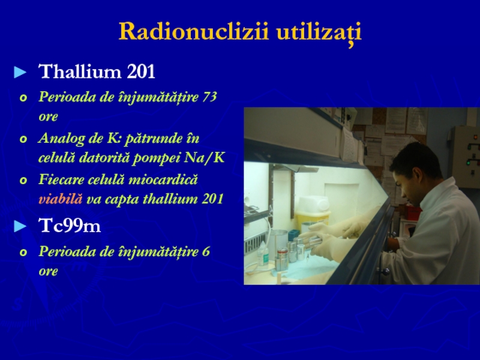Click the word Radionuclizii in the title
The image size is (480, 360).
(x=194, y=31)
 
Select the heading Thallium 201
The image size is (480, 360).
(x=97, y=71)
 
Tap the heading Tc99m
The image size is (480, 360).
(x=70, y=226)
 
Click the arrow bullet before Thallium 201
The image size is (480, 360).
(x=20, y=73)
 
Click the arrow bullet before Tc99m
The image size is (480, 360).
(x=20, y=227)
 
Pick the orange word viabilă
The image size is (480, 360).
(x=61, y=199)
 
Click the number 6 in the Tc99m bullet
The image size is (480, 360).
(x=206, y=251)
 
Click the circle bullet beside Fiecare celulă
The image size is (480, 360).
(x=23, y=181)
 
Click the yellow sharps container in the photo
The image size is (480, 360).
(x=313, y=214)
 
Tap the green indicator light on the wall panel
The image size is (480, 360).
(x=468, y=163)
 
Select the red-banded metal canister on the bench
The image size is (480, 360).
(x=281, y=259)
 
